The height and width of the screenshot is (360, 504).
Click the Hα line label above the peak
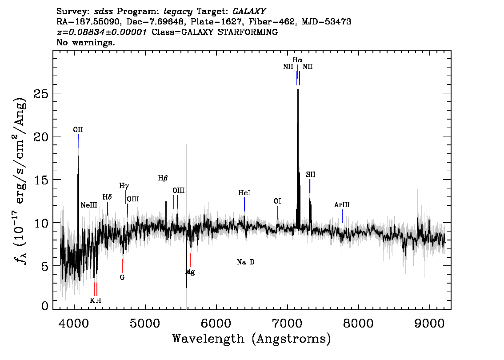tap(297, 60)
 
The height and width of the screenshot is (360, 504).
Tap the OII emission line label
tap(78, 129)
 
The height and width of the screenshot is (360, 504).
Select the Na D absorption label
tap(246, 262)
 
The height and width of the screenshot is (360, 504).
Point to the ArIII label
tap(342, 205)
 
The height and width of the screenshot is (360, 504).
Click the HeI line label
tap(244, 193)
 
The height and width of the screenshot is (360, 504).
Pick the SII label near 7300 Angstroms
tap(311, 175)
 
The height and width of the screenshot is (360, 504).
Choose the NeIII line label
tap(89, 205)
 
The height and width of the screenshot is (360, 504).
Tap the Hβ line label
tap(163, 178)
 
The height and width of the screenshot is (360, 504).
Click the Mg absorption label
tap(190, 272)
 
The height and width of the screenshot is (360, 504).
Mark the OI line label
tap(277, 201)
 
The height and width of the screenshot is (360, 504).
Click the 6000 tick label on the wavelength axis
tap(216, 323)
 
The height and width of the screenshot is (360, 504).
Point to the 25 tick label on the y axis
tap(41, 93)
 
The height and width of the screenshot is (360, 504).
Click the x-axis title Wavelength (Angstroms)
tap(252, 339)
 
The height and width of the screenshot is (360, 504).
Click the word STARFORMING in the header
tap(248, 32)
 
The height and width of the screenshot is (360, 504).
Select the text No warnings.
tap(85, 42)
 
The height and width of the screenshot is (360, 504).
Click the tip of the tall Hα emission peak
tap(298, 89)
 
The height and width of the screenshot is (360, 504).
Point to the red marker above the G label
tap(123, 266)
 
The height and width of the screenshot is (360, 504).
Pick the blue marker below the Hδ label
tap(108, 208)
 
